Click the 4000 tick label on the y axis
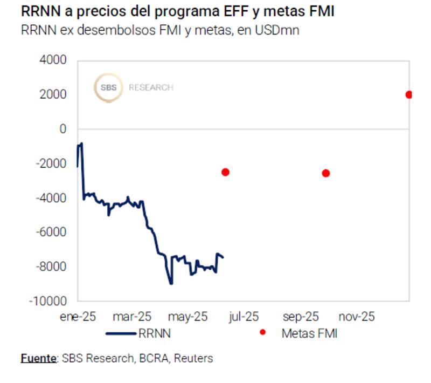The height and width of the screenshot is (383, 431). coord(53,60)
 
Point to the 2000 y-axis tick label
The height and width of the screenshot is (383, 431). coord(53,95)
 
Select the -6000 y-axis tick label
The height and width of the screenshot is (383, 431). coord(51,232)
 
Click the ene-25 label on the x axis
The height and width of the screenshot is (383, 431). coord(78,317)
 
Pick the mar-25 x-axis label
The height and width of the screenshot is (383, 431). coord(133,317)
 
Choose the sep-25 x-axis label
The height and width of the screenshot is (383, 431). coord(301,317)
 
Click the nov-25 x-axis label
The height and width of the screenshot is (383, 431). coord(357,317)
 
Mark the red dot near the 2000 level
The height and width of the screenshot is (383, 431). coord(409,95)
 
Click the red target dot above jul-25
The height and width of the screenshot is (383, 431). coord(225,172)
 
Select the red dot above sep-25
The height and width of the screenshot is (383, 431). coord(325,173)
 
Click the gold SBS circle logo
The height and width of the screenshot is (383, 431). coord(108,88)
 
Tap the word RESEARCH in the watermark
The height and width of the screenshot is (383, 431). coord(151,88)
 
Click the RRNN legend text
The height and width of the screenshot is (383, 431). coord(155,333)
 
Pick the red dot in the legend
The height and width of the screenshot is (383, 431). coord(262,333)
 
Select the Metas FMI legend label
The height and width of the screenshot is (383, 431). coord(309,333)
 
